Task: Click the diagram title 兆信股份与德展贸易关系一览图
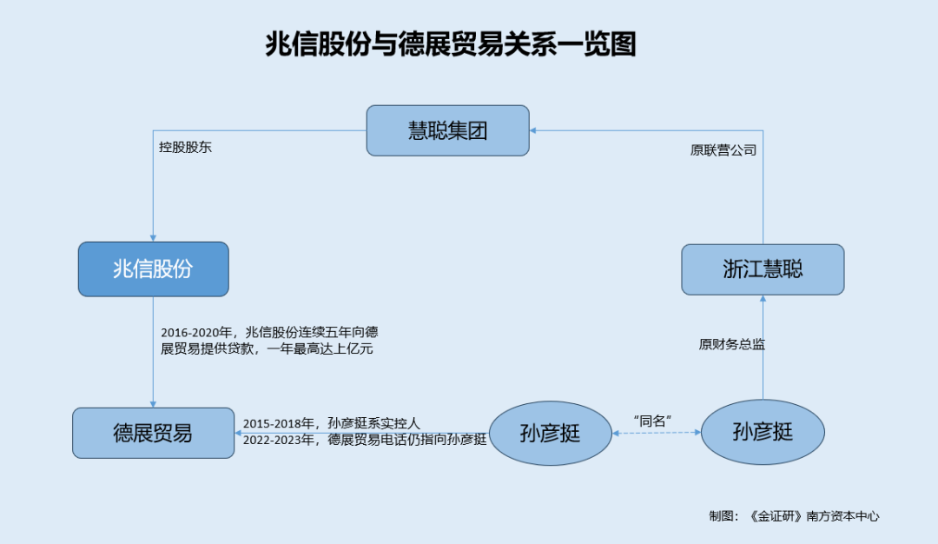pos(451,44)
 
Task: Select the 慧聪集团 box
pos(447,130)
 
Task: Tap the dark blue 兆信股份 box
pos(153,269)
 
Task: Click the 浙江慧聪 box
pos(763,269)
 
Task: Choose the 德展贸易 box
pos(153,434)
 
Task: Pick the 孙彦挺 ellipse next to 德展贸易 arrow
pos(551,434)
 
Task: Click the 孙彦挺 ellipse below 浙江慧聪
pos(763,432)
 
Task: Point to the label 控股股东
pos(185,147)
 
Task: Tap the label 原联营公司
pos(723,150)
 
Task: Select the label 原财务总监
pos(731,344)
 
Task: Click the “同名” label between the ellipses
pos(652,421)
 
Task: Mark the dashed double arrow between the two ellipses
pos(657,432)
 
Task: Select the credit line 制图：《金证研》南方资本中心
pos(794,516)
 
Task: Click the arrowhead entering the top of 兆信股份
pos(153,238)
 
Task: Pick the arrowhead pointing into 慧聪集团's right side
pos(533,130)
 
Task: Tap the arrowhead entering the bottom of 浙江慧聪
pos(763,299)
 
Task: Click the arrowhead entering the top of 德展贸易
pos(153,405)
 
